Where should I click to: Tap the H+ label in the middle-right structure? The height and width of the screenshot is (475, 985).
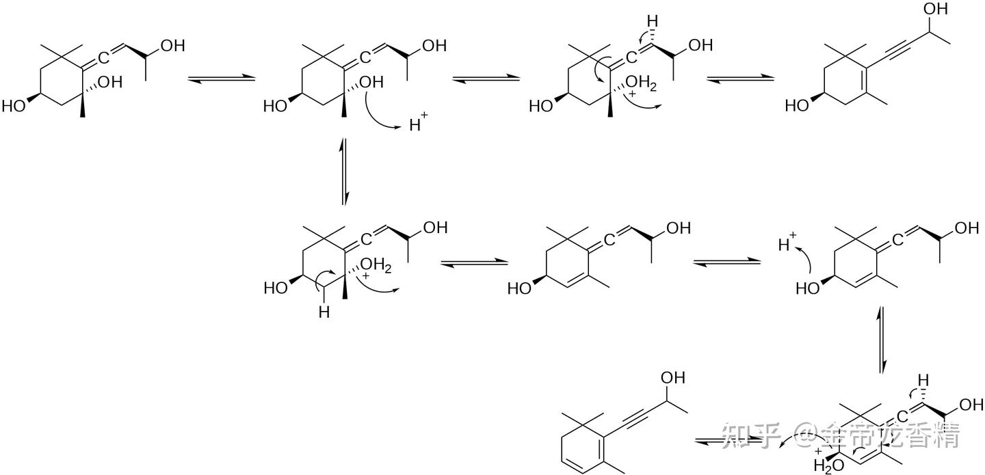coord(789,243)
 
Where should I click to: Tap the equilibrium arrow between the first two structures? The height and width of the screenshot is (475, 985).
coord(221,79)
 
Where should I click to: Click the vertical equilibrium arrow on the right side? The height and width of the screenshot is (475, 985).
coord(882,340)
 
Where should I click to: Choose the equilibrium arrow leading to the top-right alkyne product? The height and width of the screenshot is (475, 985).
coord(739,79)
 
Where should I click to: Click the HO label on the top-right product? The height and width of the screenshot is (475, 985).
coord(797,106)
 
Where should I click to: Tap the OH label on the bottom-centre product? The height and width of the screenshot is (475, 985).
coord(672,378)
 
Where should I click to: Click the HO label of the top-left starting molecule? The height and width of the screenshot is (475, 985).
coord(14,106)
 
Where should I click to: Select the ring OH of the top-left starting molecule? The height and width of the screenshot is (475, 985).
coord(109,82)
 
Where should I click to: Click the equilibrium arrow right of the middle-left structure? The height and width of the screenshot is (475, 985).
coord(474,262)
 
